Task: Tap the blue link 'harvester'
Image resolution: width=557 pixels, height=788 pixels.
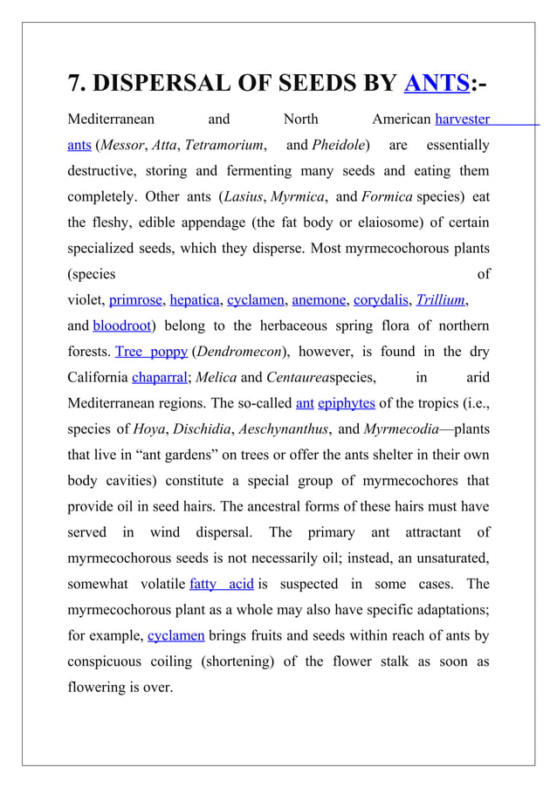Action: tap(462, 119)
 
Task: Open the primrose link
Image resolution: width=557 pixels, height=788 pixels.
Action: tap(135, 300)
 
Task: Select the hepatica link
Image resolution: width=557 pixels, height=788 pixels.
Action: tap(195, 300)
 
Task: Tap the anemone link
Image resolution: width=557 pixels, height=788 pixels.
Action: tap(318, 300)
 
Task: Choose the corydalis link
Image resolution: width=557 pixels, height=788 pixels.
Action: tap(381, 300)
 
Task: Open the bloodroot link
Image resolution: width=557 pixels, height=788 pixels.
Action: tap(121, 326)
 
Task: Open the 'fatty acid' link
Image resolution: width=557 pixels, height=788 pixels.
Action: tap(221, 584)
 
